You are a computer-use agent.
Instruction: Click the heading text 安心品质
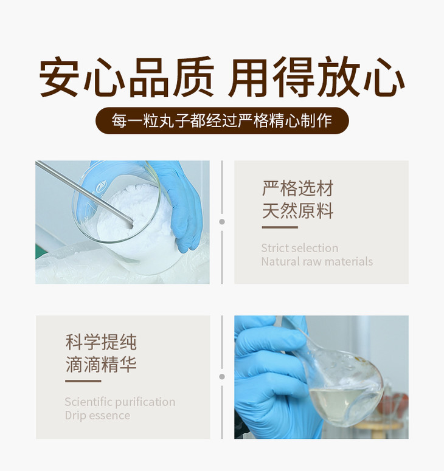click(127, 78)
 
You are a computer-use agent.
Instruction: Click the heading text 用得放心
click(316, 78)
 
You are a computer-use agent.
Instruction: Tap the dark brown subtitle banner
click(222, 120)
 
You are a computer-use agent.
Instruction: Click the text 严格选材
click(298, 188)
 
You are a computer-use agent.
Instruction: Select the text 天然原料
click(298, 211)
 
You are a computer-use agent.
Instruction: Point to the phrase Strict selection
click(299, 248)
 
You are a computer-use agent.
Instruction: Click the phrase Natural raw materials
click(317, 262)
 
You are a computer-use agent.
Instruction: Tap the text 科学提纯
click(101, 342)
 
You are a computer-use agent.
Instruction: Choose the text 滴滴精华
click(101, 365)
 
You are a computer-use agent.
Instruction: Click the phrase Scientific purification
click(120, 402)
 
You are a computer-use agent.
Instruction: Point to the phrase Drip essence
click(97, 416)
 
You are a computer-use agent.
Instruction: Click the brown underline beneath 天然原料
click(280, 227)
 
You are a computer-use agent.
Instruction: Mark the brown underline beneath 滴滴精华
click(83, 381)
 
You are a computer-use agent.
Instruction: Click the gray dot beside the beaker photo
click(222, 222)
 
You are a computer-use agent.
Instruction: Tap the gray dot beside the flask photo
click(222, 377)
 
